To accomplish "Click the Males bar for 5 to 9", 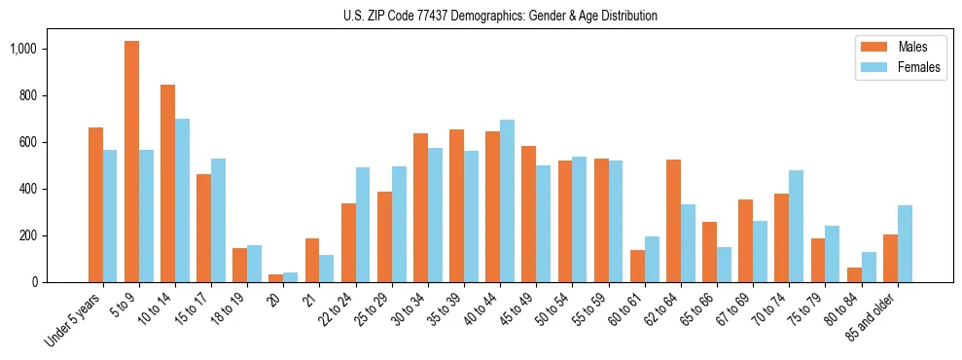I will [x=132, y=162].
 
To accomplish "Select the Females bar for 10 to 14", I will [x=182, y=200].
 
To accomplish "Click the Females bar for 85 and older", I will [x=905, y=244].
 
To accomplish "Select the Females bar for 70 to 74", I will [x=796, y=227].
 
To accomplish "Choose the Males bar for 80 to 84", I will [x=854, y=275].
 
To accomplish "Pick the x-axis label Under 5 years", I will [x=72, y=321].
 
